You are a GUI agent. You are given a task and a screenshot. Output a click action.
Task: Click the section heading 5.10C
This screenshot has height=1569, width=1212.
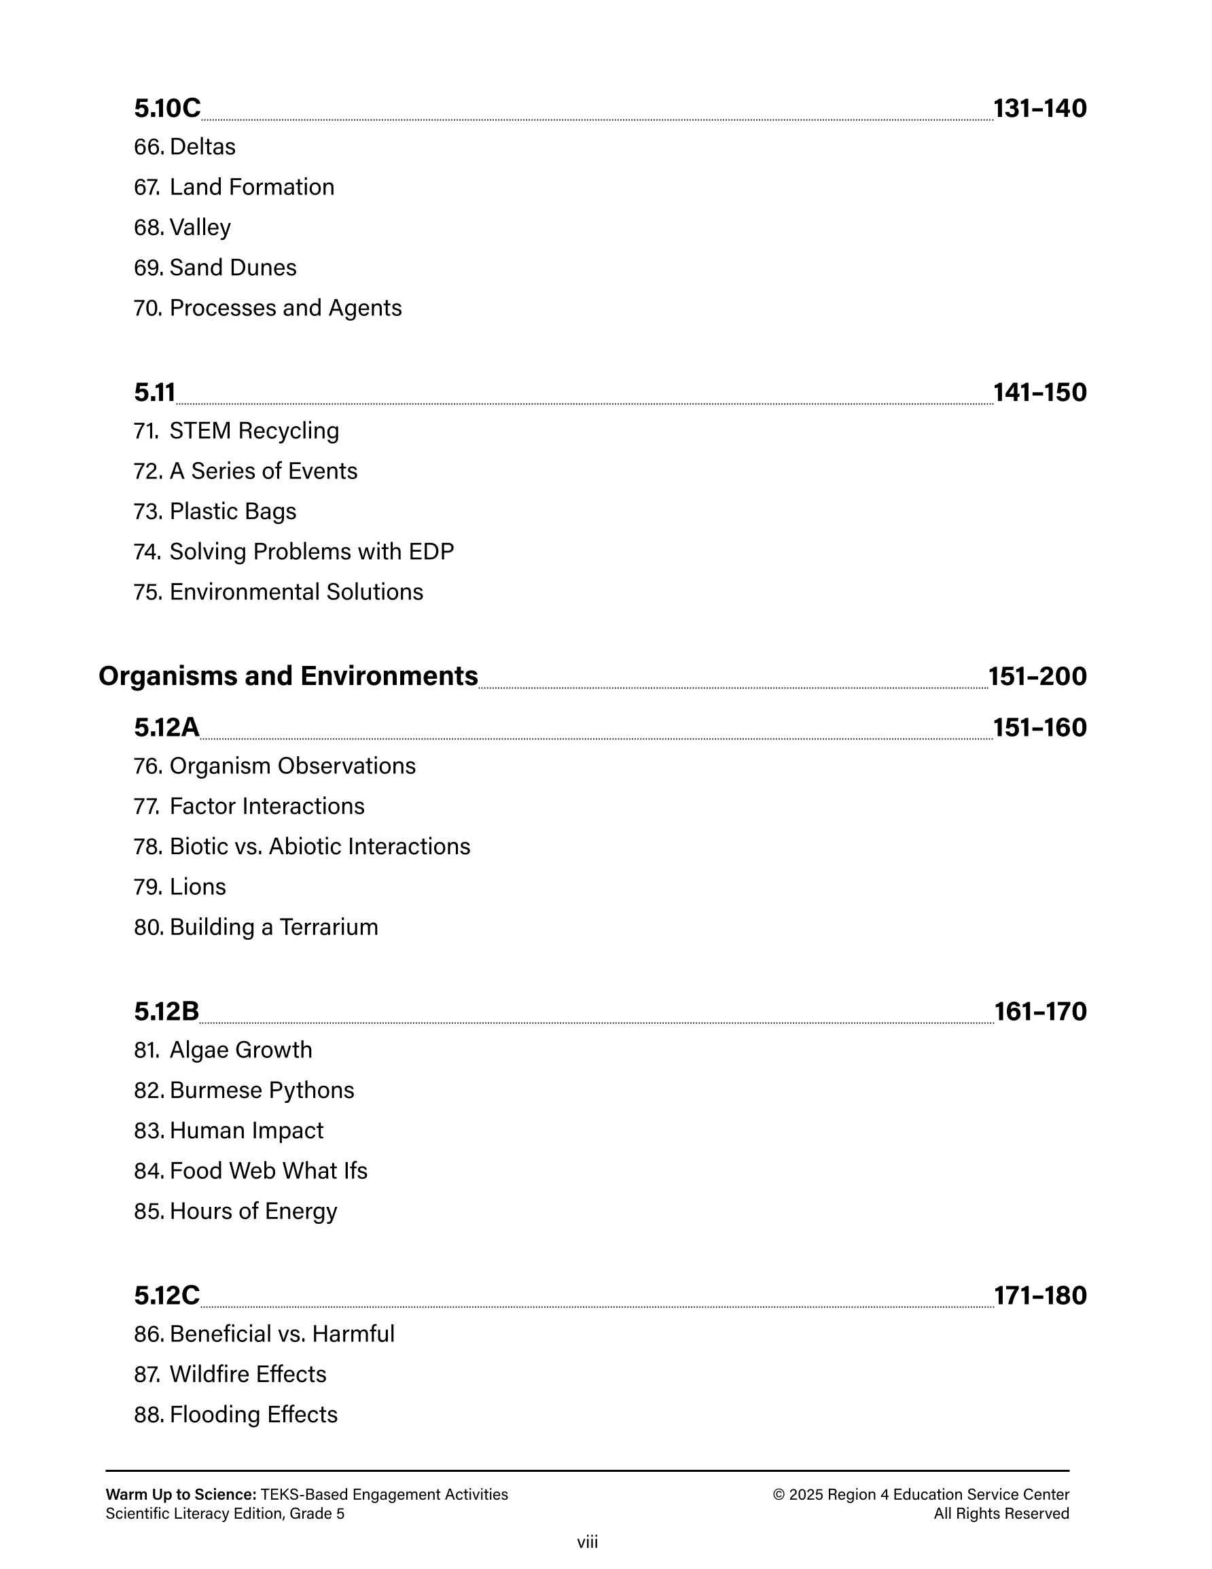166,109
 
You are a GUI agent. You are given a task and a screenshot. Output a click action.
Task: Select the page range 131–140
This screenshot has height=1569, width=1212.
1039,109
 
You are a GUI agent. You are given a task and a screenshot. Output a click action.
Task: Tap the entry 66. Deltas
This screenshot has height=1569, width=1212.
185,147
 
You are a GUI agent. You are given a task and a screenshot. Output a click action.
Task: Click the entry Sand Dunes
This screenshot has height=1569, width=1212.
215,268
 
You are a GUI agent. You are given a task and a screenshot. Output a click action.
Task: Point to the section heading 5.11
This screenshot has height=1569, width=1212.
154,392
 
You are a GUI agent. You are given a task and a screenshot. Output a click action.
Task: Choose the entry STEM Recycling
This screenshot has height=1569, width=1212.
236,431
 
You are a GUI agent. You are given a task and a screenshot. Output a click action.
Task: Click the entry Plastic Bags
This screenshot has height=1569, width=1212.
215,512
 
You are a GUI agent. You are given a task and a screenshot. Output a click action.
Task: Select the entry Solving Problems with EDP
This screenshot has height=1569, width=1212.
294,552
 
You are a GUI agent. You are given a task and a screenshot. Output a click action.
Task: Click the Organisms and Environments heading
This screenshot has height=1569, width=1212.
288,676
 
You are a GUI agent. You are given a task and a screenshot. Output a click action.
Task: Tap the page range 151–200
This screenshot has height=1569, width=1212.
1037,676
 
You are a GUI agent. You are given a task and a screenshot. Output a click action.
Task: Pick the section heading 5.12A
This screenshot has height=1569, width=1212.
166,728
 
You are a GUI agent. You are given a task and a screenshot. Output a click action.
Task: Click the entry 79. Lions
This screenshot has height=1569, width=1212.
179,887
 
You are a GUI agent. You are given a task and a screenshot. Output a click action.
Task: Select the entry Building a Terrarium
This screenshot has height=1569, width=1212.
255,928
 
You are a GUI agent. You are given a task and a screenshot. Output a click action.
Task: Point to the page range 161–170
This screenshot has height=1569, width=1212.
1039,1012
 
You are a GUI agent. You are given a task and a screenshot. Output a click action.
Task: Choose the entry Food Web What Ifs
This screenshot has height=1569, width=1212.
250,1171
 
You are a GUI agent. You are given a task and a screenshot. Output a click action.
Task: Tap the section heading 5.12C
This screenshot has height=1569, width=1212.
166,1295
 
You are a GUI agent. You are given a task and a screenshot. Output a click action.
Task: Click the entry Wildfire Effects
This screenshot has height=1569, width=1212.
230,1374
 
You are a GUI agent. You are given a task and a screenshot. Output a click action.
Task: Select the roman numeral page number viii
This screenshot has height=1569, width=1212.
587,1542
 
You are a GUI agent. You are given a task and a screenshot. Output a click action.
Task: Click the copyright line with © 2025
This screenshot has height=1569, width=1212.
921,1494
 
